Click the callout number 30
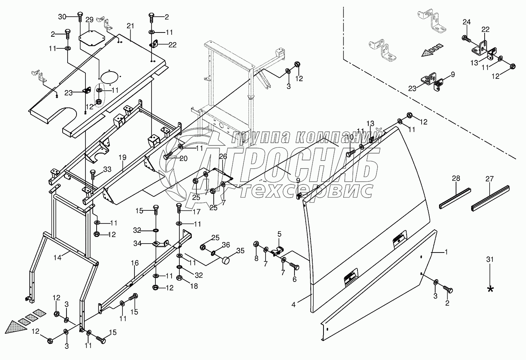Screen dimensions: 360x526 pyautogui.click(x=63, y=16)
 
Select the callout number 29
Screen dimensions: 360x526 pyautogui.click(x=89, y=20)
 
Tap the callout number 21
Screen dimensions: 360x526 pyautogui.click(x=130, y=26)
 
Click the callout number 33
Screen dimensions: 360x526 pyautogui.click(x=107, y=169)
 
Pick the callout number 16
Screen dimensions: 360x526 pyautogui.click(x=134, y=263)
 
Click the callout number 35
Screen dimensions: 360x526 pyautogui.click(x=240, y=251)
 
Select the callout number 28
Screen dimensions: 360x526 pyautogui.click(x=456, y=178)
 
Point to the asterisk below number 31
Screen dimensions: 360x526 pyautogui.click(x=490, y=289)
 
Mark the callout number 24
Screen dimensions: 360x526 pyautogui.click(x=466, y=22)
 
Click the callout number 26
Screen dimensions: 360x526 pyautogui.click(x=223, y=157)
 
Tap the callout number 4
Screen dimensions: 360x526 pyautogui.click(x=293, y=304)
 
